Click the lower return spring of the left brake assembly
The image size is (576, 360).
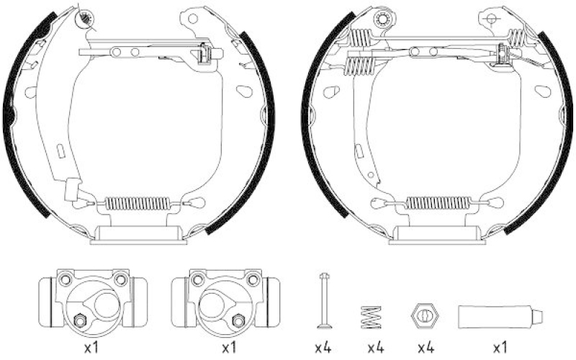[x=136, y=202]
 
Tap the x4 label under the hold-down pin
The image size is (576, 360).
[x=323, y=348]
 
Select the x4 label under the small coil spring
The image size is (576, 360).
[x=374, y=348]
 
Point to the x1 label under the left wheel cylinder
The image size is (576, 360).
[x=91, y=348]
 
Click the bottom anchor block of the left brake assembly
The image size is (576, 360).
[x=136, y=233]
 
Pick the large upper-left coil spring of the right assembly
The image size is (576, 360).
[x=360, y=65]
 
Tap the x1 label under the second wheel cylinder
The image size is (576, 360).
[x=228, y=348]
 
